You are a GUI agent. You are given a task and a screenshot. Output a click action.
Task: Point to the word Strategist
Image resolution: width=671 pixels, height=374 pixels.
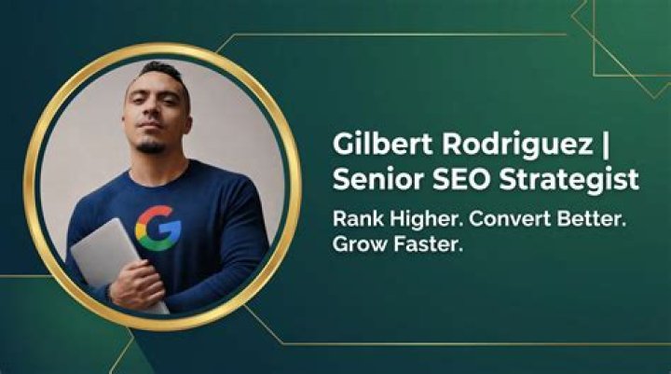(x=568, y=181)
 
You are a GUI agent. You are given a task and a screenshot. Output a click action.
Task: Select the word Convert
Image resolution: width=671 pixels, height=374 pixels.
(x=509, y=219)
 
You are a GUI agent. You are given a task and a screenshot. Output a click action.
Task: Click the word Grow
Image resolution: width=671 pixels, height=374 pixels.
(x=359, y=244)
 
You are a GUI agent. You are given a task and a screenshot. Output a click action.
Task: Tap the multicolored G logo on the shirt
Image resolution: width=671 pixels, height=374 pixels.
(x=158, y=228)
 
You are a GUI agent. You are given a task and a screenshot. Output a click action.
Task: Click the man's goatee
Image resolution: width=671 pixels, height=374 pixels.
(x=151, y=147)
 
